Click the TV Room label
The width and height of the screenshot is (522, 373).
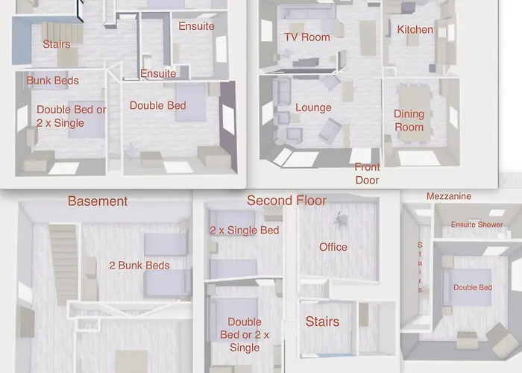click(307, 37)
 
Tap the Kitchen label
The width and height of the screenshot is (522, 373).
click(415, 30)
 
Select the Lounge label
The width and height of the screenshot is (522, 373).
click(313, 107)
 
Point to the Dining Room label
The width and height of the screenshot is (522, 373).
click(409, 120)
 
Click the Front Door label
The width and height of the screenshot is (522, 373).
click(367, 174)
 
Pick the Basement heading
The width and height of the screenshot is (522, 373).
click(98, 201)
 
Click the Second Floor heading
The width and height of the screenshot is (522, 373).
click(286, 201)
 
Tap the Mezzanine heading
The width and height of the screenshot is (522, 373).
click(449, 196)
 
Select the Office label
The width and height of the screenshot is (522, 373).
click(333, 247)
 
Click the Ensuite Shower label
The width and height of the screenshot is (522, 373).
click(477, 225)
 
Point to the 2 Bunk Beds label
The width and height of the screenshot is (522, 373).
click(139, 266)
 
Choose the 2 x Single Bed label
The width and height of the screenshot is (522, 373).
click(245, 230)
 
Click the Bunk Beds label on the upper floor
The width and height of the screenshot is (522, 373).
click(53, 81)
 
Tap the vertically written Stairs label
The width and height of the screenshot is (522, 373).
click(420, 267)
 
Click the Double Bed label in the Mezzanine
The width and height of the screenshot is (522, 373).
click(473, 287)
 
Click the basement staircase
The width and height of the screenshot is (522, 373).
click(64, 264)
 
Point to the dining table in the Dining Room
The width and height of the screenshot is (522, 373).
click(415, 113)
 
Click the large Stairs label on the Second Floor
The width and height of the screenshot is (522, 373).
click(322, 322)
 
